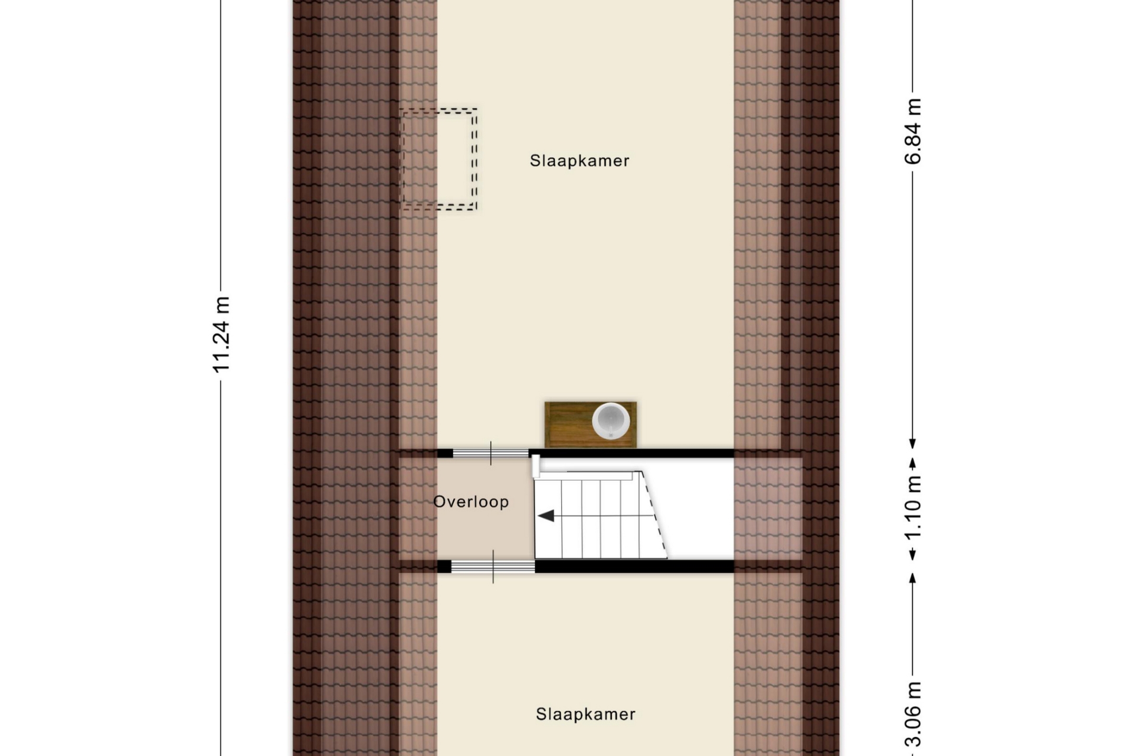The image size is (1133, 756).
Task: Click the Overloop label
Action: tap(471, 502)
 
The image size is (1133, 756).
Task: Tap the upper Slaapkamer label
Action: tap(579, 161)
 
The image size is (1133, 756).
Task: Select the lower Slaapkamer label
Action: tap(585, 714)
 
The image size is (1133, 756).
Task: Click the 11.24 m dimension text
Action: tap(221, 335)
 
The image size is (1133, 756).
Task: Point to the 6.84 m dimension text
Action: tap(912, 131)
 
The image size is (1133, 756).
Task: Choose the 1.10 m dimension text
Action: tap(912, 509)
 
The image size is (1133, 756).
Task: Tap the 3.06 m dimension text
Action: tap(912, 715)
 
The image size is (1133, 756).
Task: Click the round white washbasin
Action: tap(611, 421)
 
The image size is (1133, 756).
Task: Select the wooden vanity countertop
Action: tap(590, 425)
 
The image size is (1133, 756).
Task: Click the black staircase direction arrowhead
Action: tap(546, 516)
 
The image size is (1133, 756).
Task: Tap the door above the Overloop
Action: tap(490, 454)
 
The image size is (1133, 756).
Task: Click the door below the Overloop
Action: tap(493, 567)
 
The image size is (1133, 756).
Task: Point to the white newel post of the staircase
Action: tap(536, 466)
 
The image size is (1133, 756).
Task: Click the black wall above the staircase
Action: tap(631, 454)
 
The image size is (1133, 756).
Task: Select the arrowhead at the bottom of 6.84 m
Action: tap(912, 444)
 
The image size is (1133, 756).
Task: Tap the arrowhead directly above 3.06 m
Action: tap(912, 578)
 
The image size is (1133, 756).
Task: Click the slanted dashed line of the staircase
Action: tap(654, 514)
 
